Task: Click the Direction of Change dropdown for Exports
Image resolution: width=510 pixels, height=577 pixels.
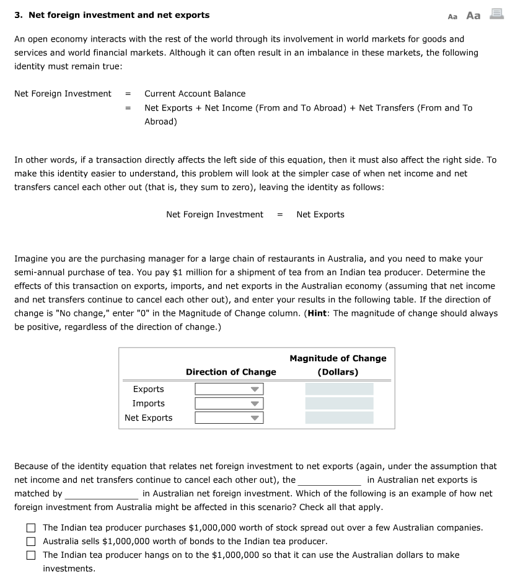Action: tap(229, 389)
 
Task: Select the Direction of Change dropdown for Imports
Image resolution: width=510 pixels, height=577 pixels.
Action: tap(229, 403)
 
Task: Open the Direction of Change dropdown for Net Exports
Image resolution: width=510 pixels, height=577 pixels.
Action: tap(229, 418)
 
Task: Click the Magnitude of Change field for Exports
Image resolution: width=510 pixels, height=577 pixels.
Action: tap(339, 389)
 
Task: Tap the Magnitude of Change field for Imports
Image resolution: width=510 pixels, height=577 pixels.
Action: tap(339, 403)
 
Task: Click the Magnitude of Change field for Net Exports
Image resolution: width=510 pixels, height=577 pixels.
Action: tap(339, 418)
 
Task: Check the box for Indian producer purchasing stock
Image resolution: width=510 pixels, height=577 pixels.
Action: tap(31, 527)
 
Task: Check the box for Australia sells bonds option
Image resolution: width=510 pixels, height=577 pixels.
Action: tap(31, 541)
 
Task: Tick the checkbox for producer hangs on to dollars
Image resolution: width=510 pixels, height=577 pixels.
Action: tap(31, 555)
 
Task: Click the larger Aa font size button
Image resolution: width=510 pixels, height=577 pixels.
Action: tap(473, 16)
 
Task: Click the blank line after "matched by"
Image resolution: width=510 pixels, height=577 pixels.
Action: tap(102, 494)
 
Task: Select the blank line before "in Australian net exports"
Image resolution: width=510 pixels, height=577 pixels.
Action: tap(330, 481)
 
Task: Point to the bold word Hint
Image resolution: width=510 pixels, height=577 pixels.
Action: tap(317, 313)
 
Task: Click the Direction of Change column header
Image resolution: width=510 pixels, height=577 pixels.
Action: tap(231, 372)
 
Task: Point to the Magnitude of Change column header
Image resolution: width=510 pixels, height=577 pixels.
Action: tap(338, 365)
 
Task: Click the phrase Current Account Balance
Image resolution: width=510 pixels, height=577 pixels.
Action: tap(195, 94)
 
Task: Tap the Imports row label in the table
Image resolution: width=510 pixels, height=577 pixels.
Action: tap(148, 403)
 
